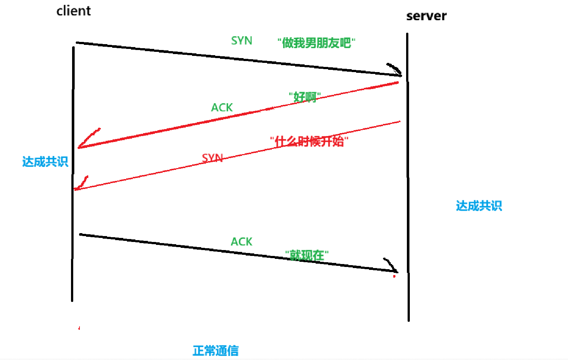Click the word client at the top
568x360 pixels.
pyautogui.click(x=74, y=11)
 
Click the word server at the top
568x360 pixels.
pyautogui.click(x=426, y=16)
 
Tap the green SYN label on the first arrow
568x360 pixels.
pyautogui.click(x=242, y=40)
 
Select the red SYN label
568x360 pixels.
pyautogui.click(x=212, y=158)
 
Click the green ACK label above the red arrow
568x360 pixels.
pyautogui.click(x=222, y=107)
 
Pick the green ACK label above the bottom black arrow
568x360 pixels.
pyautogui.click(x=241, y=242)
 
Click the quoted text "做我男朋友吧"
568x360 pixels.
pyautogui.click(x=316, y=43)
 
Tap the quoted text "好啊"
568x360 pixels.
pyautogui.click(x=305, y=97)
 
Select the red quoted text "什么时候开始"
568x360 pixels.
pyautogui.click(x=309, y=141)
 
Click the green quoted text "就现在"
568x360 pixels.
pyautogui.click(x=307, y=255)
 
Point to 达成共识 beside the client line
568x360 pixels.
pyautogui.click(x=45, y=162)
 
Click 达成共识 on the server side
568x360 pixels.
pyautogui.click(x=479, y=206)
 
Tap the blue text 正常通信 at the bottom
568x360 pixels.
pyautogui.click(x=216, y=350)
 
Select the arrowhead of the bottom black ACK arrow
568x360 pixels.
pyautogui.click(x=392, y=267)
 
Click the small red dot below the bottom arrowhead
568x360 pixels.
pyautogui.click(x=394, y=276)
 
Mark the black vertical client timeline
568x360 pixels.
pyautogui.click(x=73, y=221)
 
